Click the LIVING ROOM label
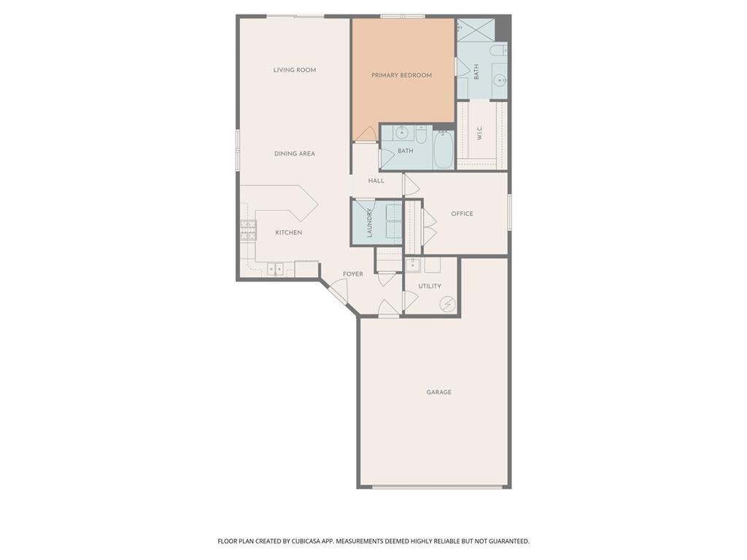coord(295,70)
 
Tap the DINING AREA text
coord(295,154)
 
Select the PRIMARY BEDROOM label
coord(401,75)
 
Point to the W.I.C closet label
coord(479,134)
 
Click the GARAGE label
coord(439,392)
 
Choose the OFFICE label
coord(462,214)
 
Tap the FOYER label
coord(353,274)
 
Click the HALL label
coord(376,181)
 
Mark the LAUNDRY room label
coord(370,223)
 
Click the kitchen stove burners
coord(248,230)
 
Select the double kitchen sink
coord(275,269)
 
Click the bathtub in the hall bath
coord(443,149)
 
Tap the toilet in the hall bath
coord(421,134)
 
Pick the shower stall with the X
coord(476,29)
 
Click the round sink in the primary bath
coord(499,79)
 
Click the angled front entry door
coord(337,293)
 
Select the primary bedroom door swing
coord(365,134)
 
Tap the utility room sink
coord(413,264)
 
